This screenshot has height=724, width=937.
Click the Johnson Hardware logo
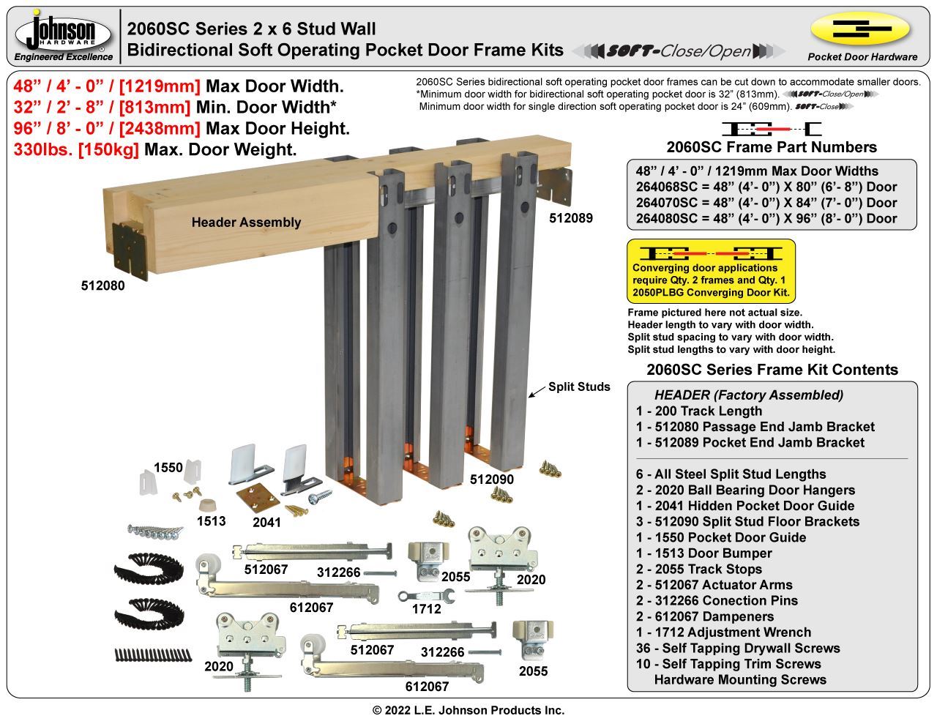point(64,34)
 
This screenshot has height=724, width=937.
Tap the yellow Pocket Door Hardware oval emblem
point(861,29)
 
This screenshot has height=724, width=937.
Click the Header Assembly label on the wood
point(246,223)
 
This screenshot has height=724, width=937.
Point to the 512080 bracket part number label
point(102,286)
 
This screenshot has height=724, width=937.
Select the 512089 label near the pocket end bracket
point(571,218)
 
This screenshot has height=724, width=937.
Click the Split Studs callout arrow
point(537,392)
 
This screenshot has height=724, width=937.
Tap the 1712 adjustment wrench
point(425,596)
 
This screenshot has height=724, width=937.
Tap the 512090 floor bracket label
point(491,479)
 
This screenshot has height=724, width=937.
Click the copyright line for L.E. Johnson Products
point(468,710)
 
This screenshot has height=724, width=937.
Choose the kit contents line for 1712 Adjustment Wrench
point(723,632)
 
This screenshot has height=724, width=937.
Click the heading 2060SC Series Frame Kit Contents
point(772,370)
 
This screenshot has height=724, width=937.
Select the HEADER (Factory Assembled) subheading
point(749,395)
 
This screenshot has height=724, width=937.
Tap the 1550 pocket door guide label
point(168,468)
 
